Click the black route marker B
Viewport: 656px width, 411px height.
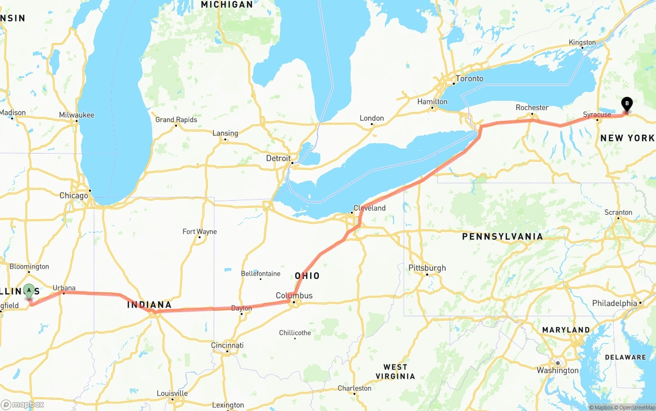click(x=626, y=104)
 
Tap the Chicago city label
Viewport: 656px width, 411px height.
click(x=74, y=196)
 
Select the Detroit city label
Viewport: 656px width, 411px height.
click(x=278, y=158)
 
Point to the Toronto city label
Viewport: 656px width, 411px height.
click(x=469, y=78)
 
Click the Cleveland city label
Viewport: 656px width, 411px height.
click(x=370, y=208)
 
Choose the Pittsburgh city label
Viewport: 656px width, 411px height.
click(x=427, y=268)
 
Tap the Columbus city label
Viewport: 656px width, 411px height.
click(x=294, y=295)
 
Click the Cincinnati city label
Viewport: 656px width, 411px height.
click(x=227, y=345)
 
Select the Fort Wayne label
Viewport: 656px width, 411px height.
click(x=200, y=231)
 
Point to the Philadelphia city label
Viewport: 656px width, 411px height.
click(x=614, y=303)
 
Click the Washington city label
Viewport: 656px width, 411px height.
click(x=558, y=370)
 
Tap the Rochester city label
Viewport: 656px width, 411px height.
click(x=532, y=107)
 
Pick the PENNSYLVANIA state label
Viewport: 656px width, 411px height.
click(x=502, y=236)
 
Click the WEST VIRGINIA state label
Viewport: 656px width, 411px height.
click(x=395, y=372)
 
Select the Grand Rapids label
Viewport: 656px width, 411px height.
click(x=176, y=119)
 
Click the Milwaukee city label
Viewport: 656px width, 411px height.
click(x=76, y=115)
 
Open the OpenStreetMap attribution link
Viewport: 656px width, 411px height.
click(x=635, y=407)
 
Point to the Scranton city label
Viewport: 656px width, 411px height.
click(x=618, y=212)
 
